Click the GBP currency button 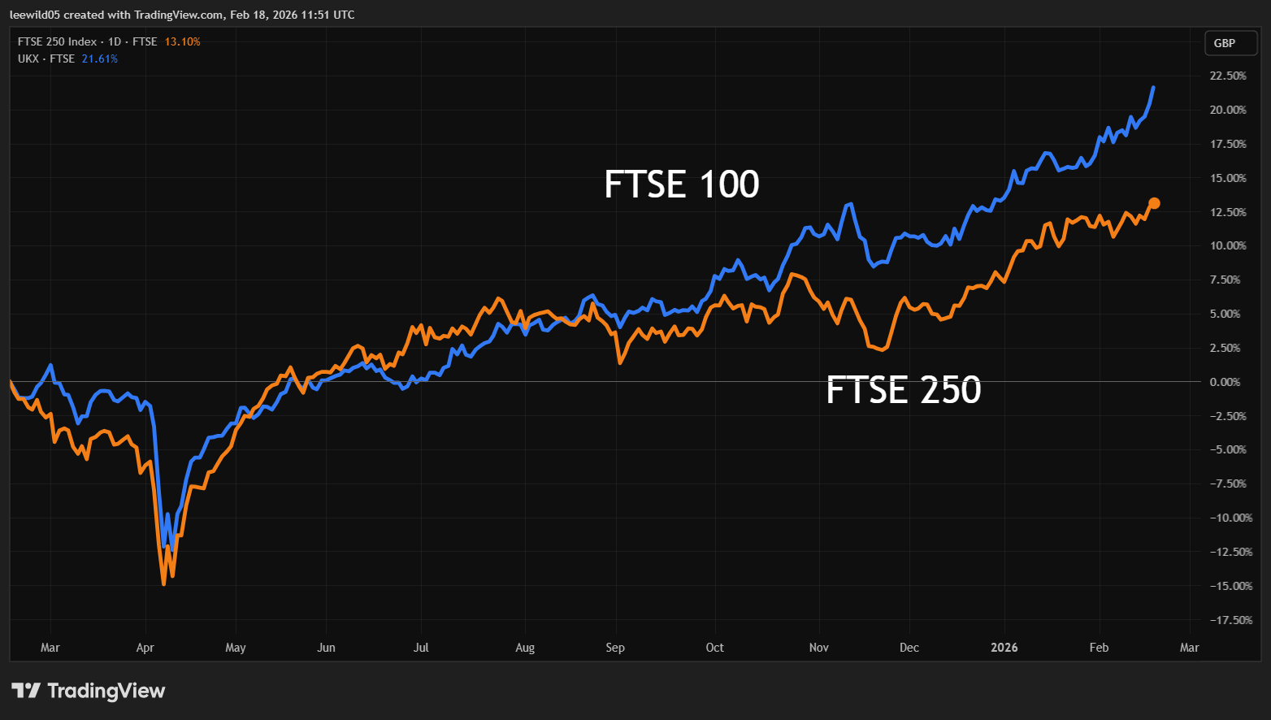coord(1224,43)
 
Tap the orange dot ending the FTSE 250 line coord(1154,203)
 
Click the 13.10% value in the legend coord(182,41)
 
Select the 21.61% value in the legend coord(99,59)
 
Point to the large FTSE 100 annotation coord(681,184)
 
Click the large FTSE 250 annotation coord(903,390)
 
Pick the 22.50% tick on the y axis coord(1227,76)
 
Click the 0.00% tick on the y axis coord(1225,382)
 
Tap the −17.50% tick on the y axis coord(1230,620)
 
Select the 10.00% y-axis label coord(1227,245)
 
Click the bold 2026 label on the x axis coord(1004,648)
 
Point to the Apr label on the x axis coord(145,648)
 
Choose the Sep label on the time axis coord(614,648)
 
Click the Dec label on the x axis coord(909,648)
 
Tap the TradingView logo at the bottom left coord(88,691)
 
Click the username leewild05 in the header coord(35,15)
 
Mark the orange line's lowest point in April coord(164,583)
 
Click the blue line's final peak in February coord(1153,88)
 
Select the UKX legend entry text coord(46,59)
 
